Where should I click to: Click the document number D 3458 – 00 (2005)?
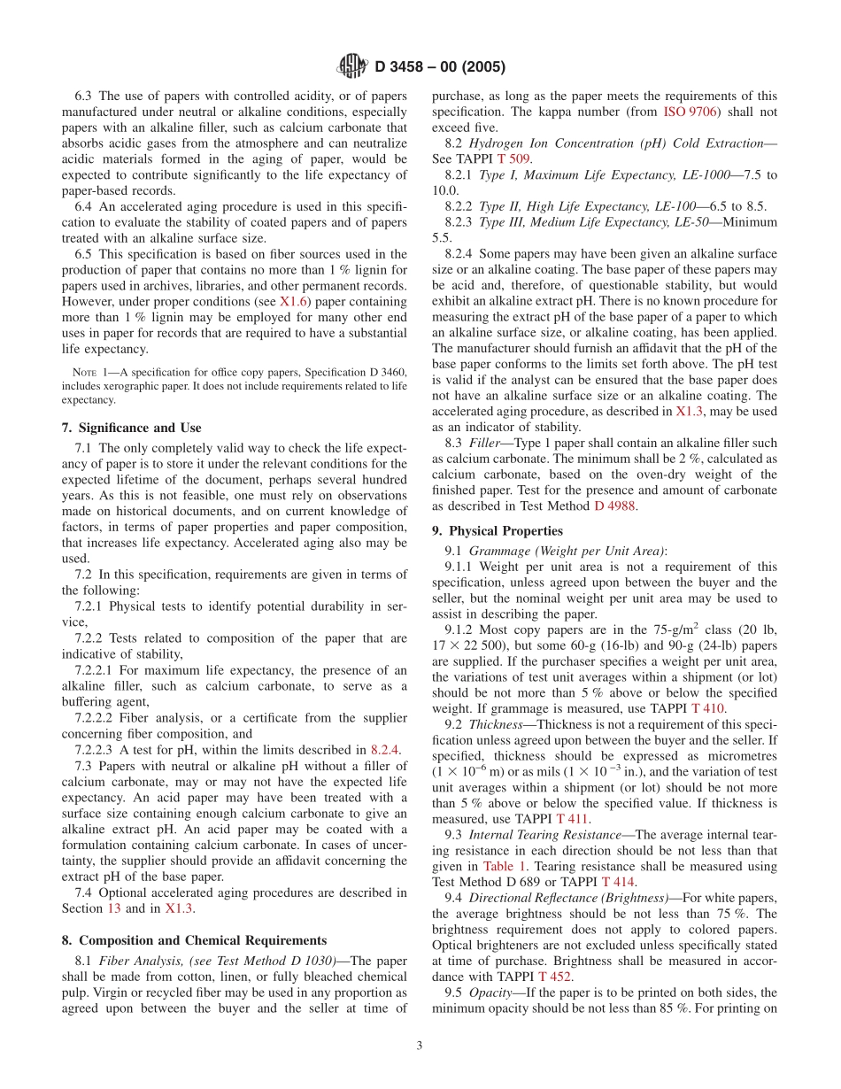440,67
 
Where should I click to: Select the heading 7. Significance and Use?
131,428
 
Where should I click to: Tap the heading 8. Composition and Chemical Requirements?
194,940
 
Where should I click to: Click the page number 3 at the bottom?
420,1046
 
